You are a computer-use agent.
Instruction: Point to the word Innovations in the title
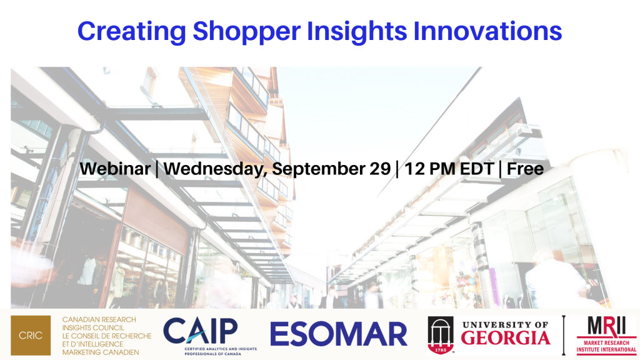(x=487, y=31)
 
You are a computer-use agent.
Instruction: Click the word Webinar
(x=115, y=169)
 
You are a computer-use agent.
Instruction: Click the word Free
(x=525, y=169)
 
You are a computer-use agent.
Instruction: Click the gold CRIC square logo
(x=31, y=335)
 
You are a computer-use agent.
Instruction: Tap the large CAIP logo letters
(x=200, y=331)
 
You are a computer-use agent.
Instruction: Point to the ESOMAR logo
(x=339, y=334)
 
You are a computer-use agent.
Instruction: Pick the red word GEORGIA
(x=506, y=338)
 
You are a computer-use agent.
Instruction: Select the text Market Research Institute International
(x=606, y=346)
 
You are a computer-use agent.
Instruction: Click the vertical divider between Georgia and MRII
(x=564, y=335)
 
